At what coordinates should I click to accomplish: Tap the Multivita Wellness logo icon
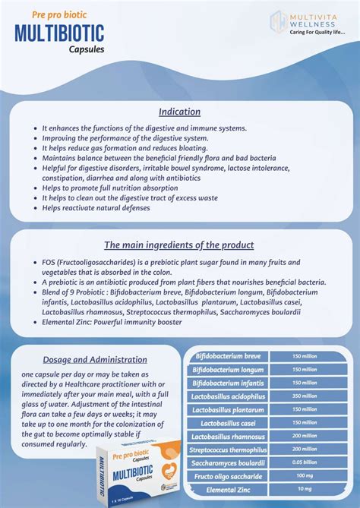click(278, 21)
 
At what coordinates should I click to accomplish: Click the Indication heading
click(179, 112)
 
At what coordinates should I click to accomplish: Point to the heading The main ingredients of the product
click(178, 245)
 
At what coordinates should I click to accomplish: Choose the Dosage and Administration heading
click(95, 359)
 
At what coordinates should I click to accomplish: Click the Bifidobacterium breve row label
click(228, 355)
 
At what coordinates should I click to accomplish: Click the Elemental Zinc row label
click(228, 489)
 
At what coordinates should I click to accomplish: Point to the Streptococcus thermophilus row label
click(228, 450)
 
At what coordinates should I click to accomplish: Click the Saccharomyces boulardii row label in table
click(228, 462)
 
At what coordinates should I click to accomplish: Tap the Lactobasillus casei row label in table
click(228, 422)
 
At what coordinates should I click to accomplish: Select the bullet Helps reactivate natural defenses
click(96, 207)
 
